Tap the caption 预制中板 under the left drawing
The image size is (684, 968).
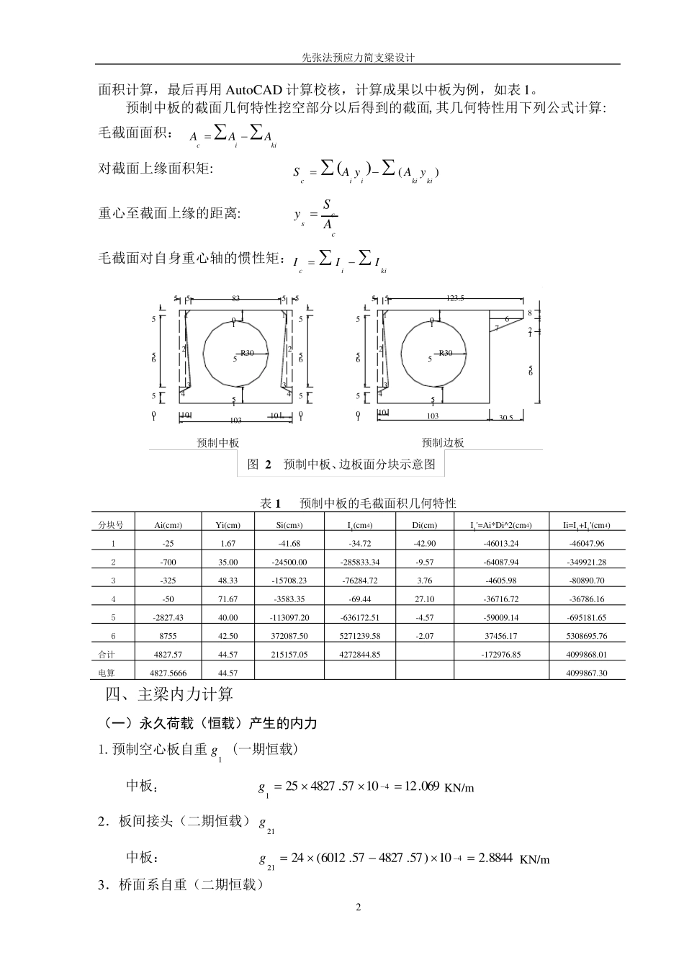(x=217, y=443)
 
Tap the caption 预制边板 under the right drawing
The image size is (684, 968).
(x=443, y=443)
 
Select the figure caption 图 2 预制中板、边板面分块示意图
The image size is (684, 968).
(x=341, y=465)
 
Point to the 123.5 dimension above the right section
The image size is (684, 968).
(x=455, y=298)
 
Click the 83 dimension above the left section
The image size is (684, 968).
(x=235, y=298)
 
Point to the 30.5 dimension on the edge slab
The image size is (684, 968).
(x=506, y=418)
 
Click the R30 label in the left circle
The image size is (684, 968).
(x=247, y=353)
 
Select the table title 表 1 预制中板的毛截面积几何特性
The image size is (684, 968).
(x=358, y=503)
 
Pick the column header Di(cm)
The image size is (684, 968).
(x=425, y=525)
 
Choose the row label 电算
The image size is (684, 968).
(x=106, y=673)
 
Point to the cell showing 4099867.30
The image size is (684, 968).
(x=587, y=673)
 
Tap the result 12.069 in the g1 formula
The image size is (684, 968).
(x=422, y=786)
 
